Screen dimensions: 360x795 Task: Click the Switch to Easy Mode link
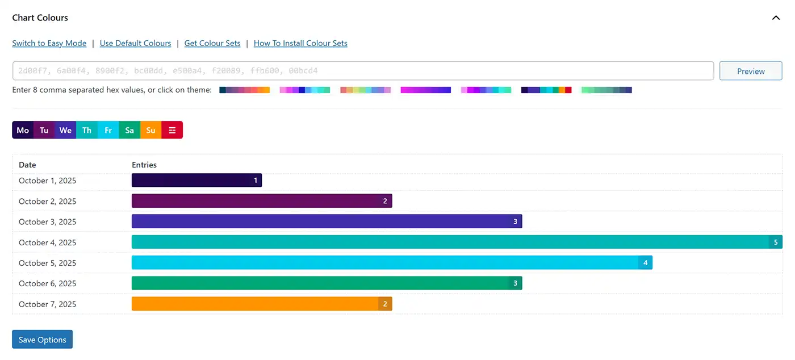pos(49,43)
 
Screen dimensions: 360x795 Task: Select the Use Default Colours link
pos(135,43)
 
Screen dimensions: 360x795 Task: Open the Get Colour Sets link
pos(212,43)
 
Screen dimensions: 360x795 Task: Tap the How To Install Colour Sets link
pos(300,43)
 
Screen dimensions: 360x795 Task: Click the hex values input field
pos(363,71)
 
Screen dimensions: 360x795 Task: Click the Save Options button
pos(42,340)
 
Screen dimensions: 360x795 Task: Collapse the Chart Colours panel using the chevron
pos(776,18)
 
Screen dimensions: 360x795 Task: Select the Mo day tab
pos(23,130)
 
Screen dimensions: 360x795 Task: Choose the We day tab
pos(65,130)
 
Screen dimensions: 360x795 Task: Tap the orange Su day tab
pos(150,130)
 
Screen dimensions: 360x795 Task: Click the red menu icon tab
pos(172,130)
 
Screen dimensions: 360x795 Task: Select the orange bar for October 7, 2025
pos(256,304)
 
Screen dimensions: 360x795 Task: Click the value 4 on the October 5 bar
pos(645,263)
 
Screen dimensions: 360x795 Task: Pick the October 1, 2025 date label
pos(47,181)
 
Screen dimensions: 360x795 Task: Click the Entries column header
pos(144,165)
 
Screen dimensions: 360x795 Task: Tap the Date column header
pos(27,165)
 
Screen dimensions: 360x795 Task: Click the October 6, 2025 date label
pos(47,283)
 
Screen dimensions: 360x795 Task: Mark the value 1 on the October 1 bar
pos(256,181)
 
